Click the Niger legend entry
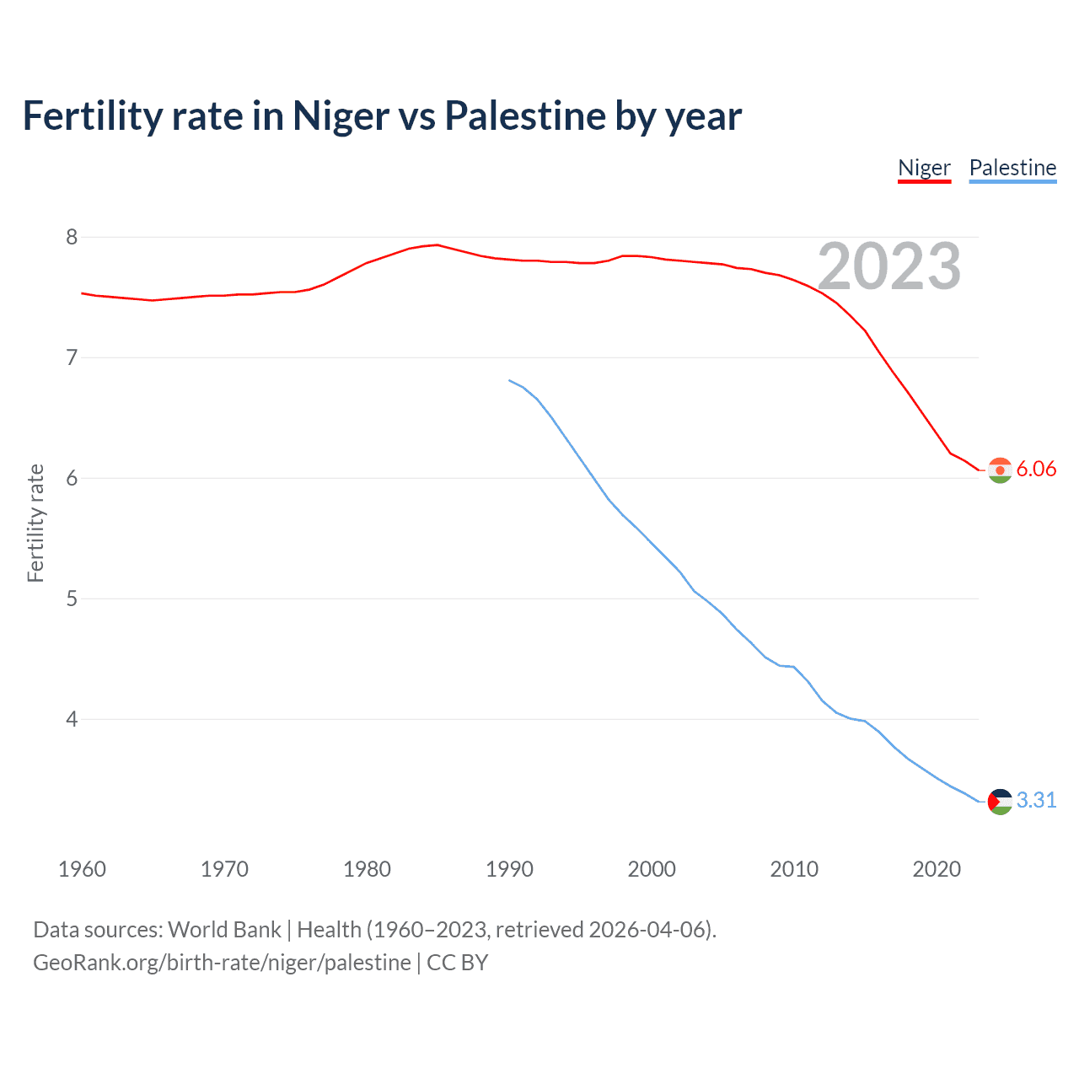(924, 168)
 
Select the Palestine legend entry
(1012, 168)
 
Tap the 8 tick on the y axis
(72, 237)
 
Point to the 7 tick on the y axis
(72, 357)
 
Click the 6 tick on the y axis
(72, 478)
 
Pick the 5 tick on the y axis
(72, 599)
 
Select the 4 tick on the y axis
(72, 719)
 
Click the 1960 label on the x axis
(82, 869)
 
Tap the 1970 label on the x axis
(224, 869)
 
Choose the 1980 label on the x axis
(367, 869)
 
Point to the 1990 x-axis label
(509, 869)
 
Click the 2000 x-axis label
(652, 869)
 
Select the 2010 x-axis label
(794, 869)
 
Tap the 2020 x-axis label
(937, 869)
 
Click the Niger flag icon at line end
(1000, 470)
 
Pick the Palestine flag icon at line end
(1000, 802)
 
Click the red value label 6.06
(1036, 470)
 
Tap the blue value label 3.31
(1036, 801)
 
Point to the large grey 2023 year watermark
(889, 266)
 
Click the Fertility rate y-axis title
(35, 523)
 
